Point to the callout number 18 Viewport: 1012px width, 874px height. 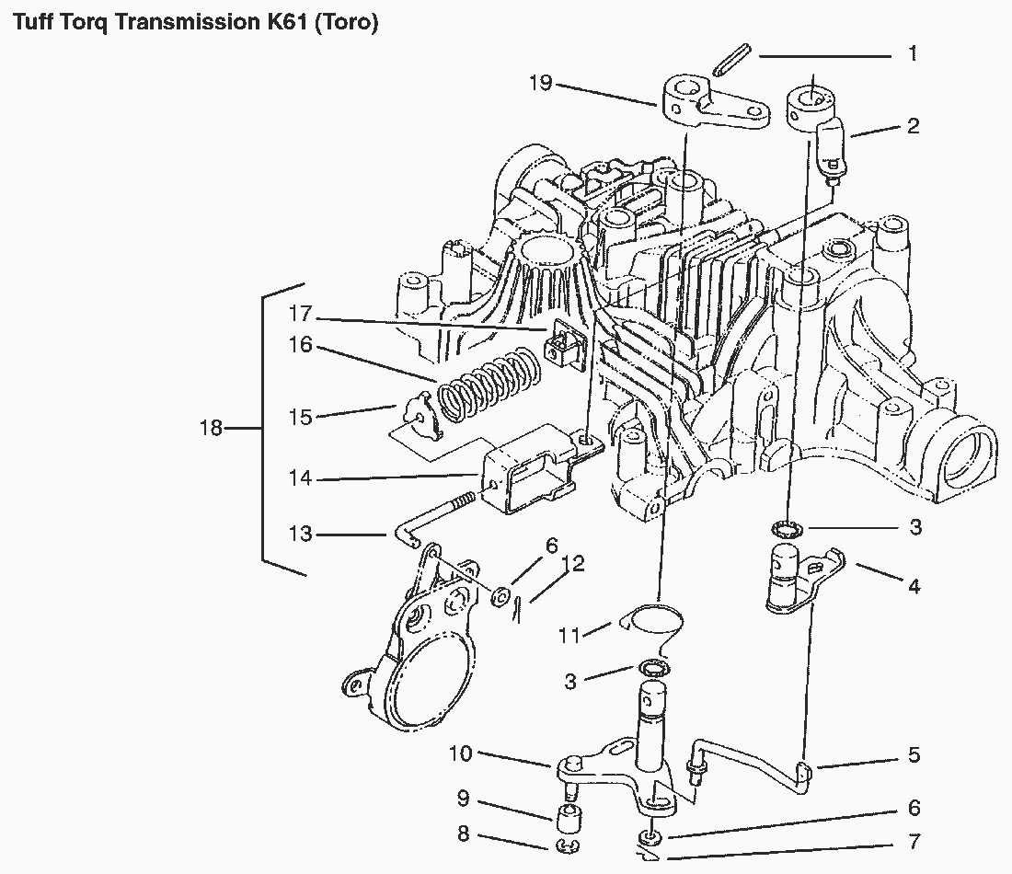coord(212,428)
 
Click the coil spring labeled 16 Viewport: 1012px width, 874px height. coord(488,384)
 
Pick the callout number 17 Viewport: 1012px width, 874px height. coord(301,313)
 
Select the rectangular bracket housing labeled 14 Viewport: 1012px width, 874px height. coord(529,469)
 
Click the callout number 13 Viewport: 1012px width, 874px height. coord(301,534)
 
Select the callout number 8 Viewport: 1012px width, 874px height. coord(463,834)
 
